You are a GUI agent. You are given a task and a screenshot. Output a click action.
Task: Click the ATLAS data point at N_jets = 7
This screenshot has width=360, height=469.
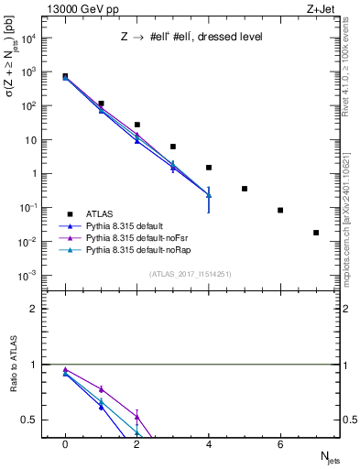pyautogui.click(x=316, y=233)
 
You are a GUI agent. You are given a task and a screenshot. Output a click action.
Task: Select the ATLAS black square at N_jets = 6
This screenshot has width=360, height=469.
pyautogui.click(x=280, y=210)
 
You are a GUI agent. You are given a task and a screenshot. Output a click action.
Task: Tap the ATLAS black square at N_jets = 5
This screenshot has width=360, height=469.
pyautogui.click(x=245, y=189)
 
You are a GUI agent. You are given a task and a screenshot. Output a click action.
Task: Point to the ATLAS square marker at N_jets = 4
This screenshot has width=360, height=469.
pyautogui.click(x=209, y=168)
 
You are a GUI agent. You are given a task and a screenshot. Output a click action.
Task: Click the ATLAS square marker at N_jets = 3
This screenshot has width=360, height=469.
pyautogui.click(x=173, y=147)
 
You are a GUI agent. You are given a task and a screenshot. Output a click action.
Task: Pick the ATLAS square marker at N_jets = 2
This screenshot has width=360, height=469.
pyautogui.click(x=137, y=125)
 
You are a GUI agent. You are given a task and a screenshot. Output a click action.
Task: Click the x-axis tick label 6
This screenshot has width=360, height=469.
pyautogui.click(x=280, y=444)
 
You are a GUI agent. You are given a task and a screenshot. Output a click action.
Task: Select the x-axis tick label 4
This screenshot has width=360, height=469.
pyautogui.click(x=209, y=444)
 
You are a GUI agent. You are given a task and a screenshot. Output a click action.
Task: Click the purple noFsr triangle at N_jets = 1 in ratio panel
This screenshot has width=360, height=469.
pyautogui.click(x=101, y=389)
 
